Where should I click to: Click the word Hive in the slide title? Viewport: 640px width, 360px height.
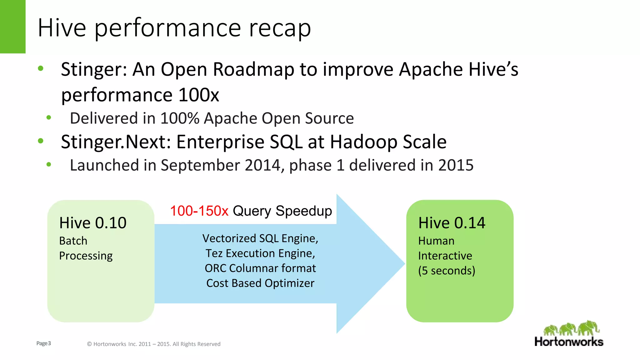tap(62, 28)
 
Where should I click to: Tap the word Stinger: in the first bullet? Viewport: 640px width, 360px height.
tap(94, 69)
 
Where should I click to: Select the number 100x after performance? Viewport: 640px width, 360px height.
tap(199, 95)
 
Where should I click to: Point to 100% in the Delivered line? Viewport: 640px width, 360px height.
tap(180, 118)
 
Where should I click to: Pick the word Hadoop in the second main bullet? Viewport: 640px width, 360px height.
tap(363, 142)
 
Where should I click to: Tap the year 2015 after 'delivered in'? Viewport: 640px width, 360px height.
tap(456, 165)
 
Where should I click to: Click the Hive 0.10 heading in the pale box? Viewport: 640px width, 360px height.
tap(93, 223)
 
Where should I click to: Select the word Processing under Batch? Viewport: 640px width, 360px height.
tap(86, 256)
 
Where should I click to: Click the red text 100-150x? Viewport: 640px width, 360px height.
tap(199, 211)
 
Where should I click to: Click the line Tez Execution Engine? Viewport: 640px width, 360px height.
tap(260, 253)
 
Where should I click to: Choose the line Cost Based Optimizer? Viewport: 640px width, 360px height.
tap(260, 283)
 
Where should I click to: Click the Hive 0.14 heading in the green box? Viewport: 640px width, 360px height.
tap(452, 223)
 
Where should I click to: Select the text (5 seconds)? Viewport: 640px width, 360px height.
tap(447, 271)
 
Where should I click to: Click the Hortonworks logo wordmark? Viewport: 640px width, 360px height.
tap(569, 342)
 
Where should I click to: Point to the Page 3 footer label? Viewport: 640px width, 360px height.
tap(43, 343)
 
